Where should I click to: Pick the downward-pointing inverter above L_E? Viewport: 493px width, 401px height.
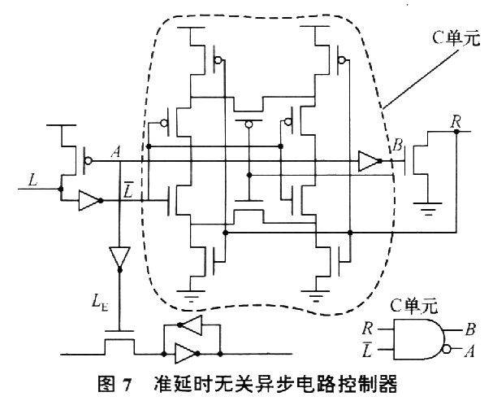[119, 258]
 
